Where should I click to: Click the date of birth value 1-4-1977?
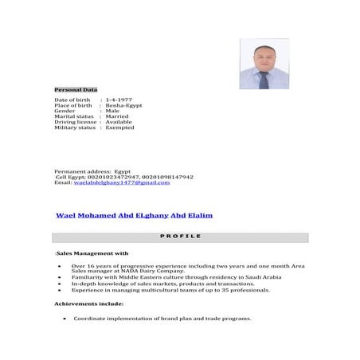[119, 99]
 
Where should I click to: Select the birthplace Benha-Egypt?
[122, 105]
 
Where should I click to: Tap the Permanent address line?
[92, 171]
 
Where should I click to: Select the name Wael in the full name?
[65, 216]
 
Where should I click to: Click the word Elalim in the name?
[200, 216]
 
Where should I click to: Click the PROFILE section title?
[180, 237]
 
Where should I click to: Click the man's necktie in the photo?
[264, 80]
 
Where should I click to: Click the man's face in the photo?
[264, 57]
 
